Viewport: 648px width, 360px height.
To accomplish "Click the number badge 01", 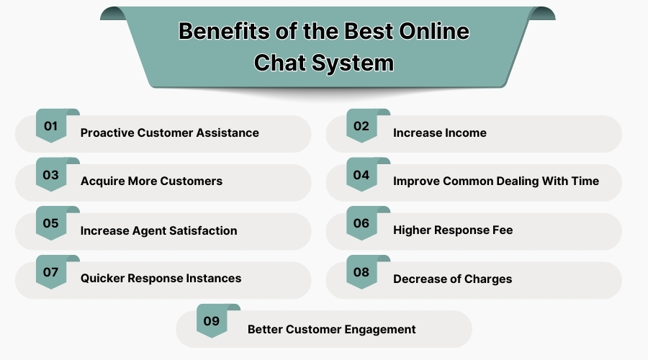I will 50,127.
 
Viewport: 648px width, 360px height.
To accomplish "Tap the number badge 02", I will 361,127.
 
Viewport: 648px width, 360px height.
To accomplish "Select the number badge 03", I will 50,175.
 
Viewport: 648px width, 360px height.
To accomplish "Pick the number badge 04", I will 361,175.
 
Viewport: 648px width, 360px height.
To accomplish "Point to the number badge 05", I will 50,224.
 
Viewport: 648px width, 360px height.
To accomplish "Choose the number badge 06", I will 361,224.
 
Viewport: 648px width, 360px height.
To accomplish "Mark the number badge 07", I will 50,272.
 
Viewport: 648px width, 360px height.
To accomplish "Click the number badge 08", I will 361,272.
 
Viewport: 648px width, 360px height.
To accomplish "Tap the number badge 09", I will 211,322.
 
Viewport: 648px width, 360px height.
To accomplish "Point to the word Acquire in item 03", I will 102,181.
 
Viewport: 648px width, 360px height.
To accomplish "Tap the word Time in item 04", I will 585,181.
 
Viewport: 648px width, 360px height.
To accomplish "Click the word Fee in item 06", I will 502,231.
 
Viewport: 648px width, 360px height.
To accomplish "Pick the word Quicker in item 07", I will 102,279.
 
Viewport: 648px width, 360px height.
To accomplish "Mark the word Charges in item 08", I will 488,279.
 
